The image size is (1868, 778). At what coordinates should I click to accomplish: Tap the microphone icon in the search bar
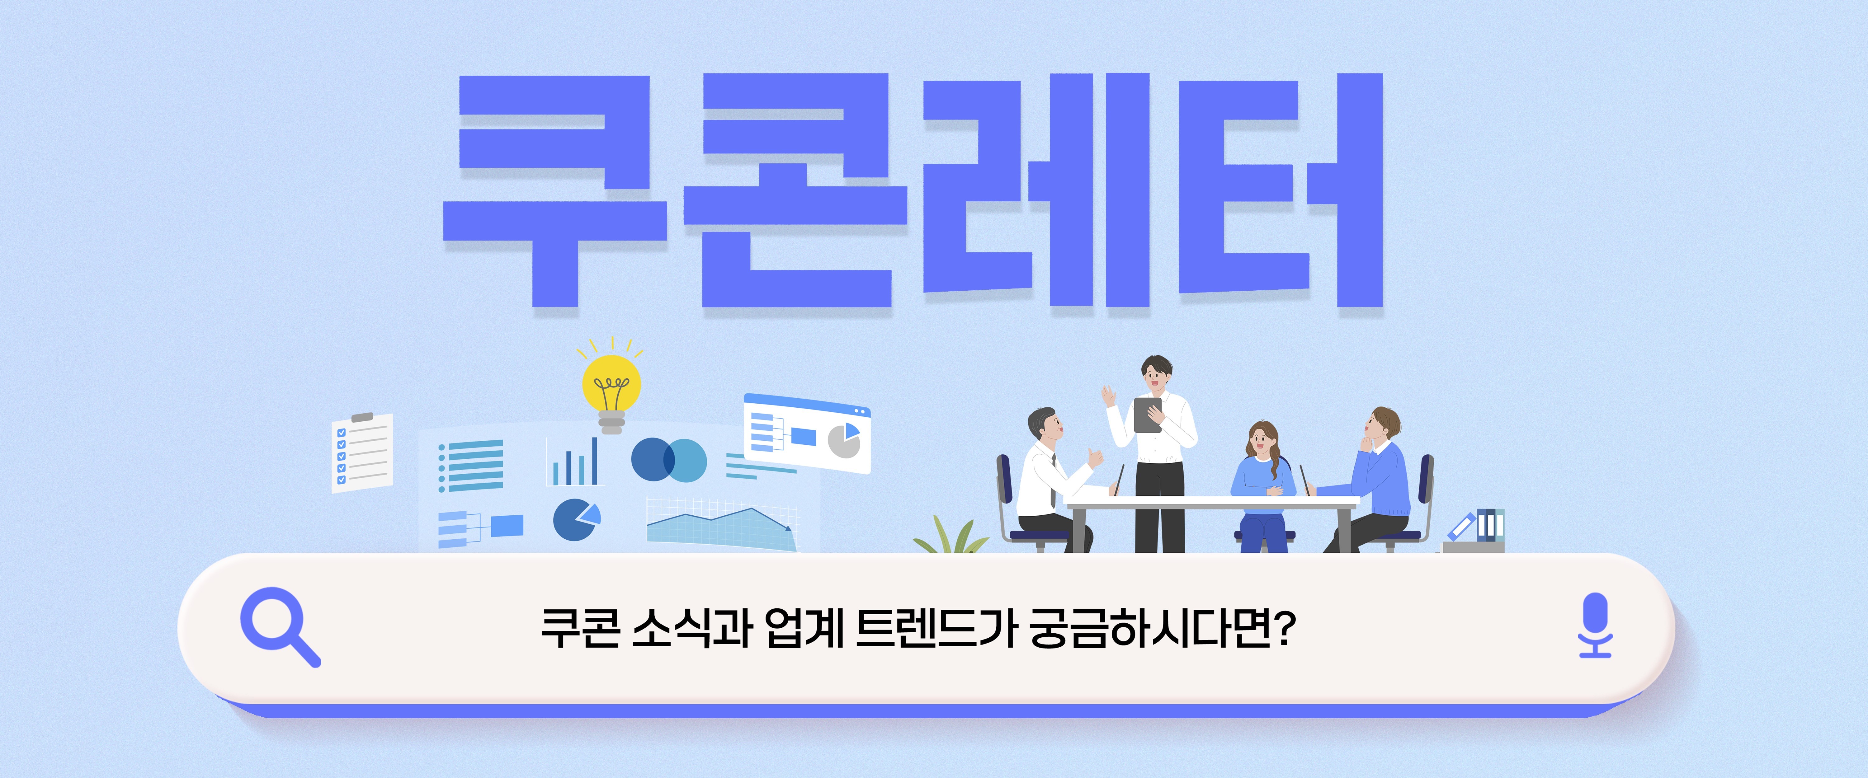pos(1595,625)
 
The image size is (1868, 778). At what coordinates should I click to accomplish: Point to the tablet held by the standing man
pos(1147,415)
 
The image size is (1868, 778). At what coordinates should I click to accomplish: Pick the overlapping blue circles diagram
pos(669,460)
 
